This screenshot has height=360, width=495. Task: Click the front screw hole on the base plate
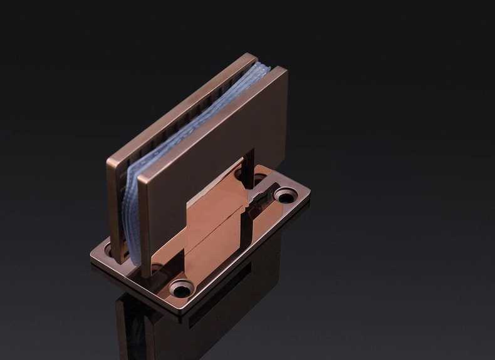tap(182, 289)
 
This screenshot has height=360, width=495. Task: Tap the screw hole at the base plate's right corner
tap(285, 197)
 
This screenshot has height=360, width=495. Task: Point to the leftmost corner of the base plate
tap(91, 256)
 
